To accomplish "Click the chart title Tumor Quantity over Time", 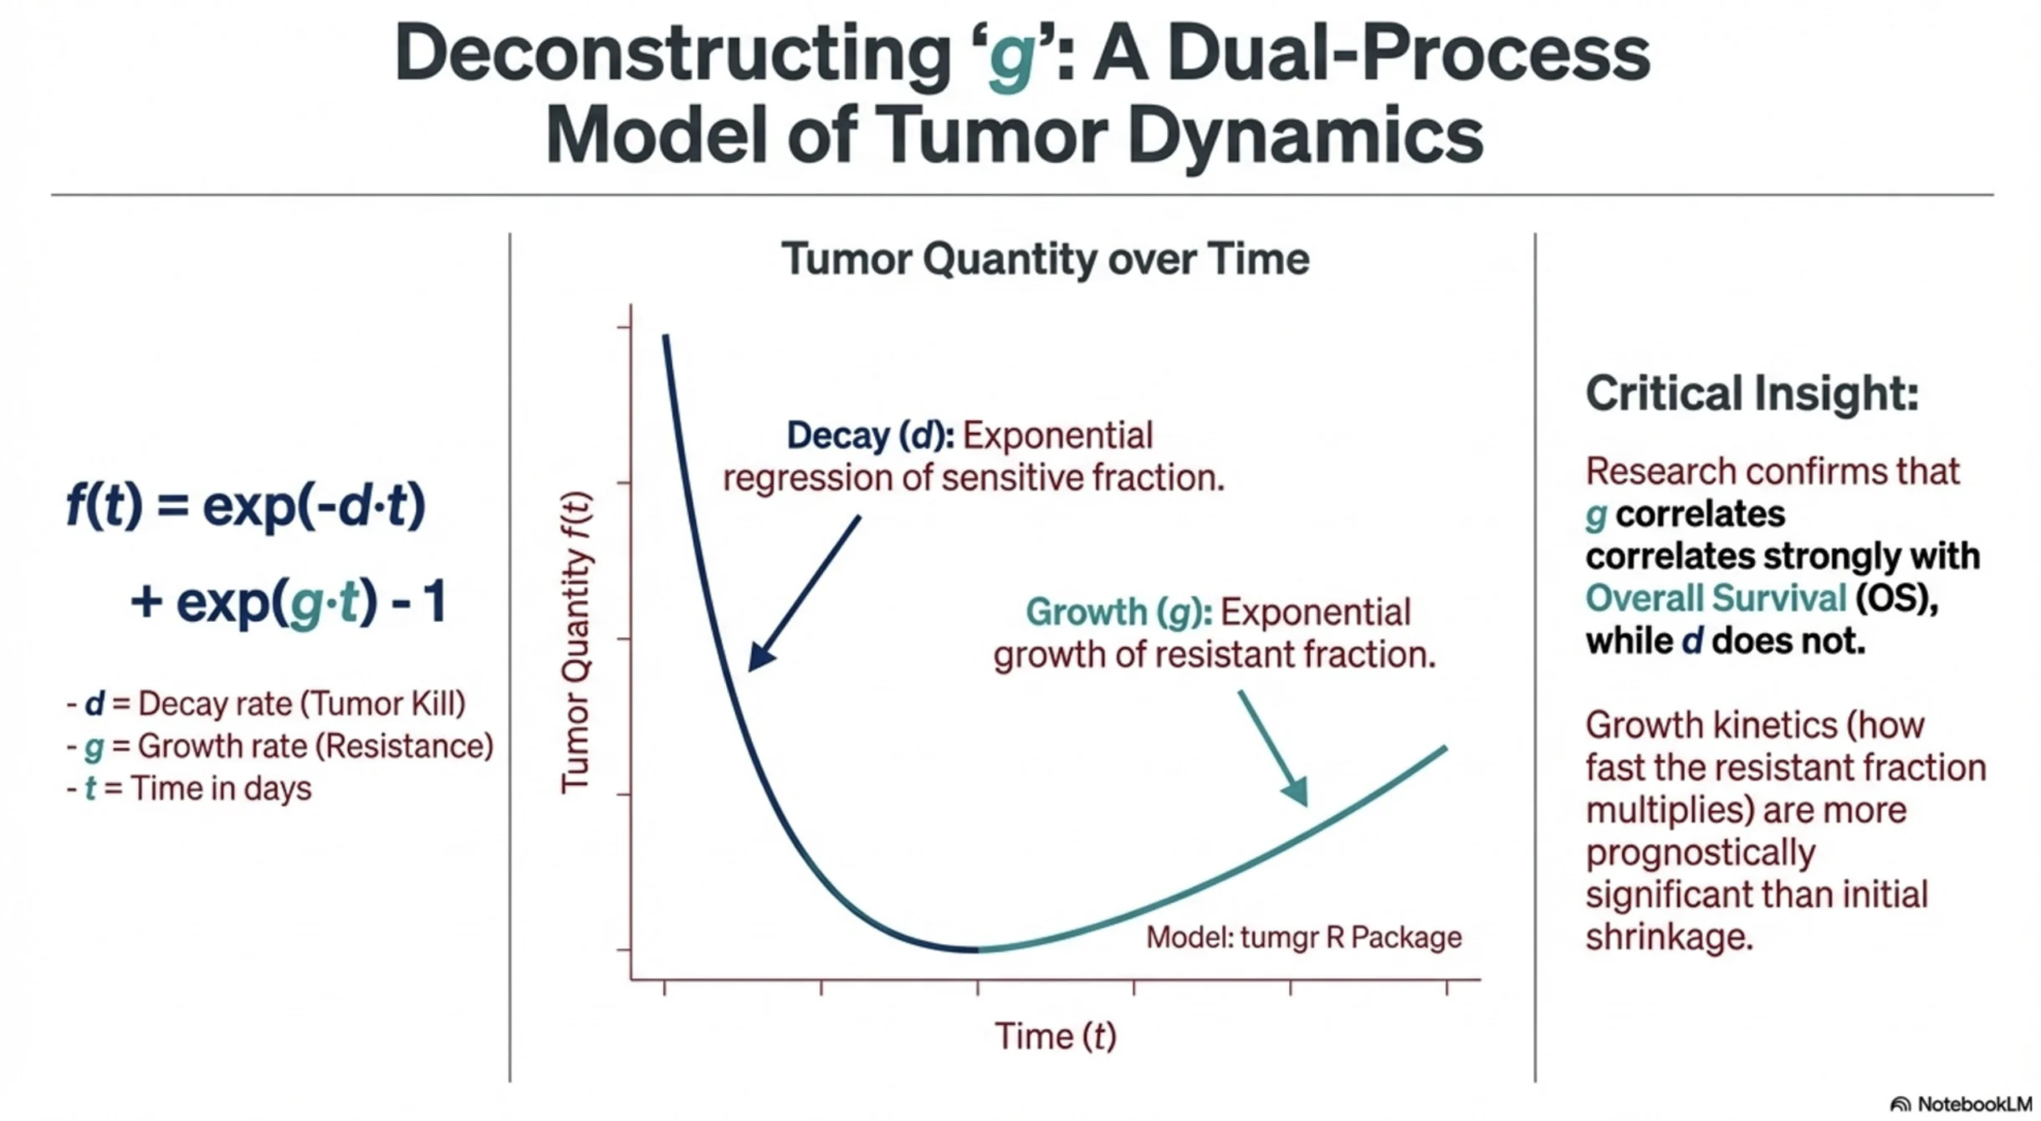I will tap(1045, 259).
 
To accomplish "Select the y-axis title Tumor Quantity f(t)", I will tap(576, 642).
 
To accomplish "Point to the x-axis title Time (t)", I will tap(1056, 1036).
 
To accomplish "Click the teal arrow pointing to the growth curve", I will tap(1273, 749).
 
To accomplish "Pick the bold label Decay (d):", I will tap(870, 436).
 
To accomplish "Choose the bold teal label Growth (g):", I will tap(1118, 612).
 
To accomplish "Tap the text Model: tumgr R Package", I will tap(1303, 937).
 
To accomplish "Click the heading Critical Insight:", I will tap(1752, 393).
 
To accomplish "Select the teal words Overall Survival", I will tap(1715, 599).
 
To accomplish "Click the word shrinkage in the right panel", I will tap(1668, 937).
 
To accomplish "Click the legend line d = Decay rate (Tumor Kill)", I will tap(274, 704).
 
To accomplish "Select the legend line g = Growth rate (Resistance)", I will tap(289, 746).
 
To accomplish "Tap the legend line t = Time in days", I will tap(197, 788).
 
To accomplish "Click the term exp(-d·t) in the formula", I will tap(314, 507).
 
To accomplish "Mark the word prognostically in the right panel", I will tap(1700, 853).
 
